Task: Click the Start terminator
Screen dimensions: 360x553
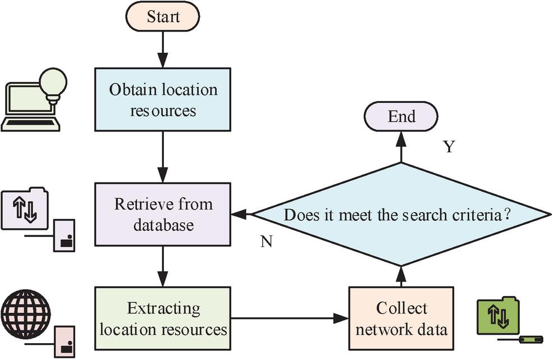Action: tap(163, 17)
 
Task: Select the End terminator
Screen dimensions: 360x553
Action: tap(401, 116)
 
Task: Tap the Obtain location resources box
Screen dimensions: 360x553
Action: tap(163, 99)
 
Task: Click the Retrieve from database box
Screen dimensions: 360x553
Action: tap(163, 213)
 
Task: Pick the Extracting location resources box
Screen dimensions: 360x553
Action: tap(163, 318)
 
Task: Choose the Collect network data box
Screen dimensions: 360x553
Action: tap(401, 318)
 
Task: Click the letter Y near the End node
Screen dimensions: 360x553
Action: tap(448, 147)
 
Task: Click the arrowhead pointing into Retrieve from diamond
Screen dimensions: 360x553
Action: tap(238, 214)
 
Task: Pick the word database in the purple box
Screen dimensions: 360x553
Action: tap(163, 225)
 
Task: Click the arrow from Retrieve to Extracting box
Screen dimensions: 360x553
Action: tap(163, 266)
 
